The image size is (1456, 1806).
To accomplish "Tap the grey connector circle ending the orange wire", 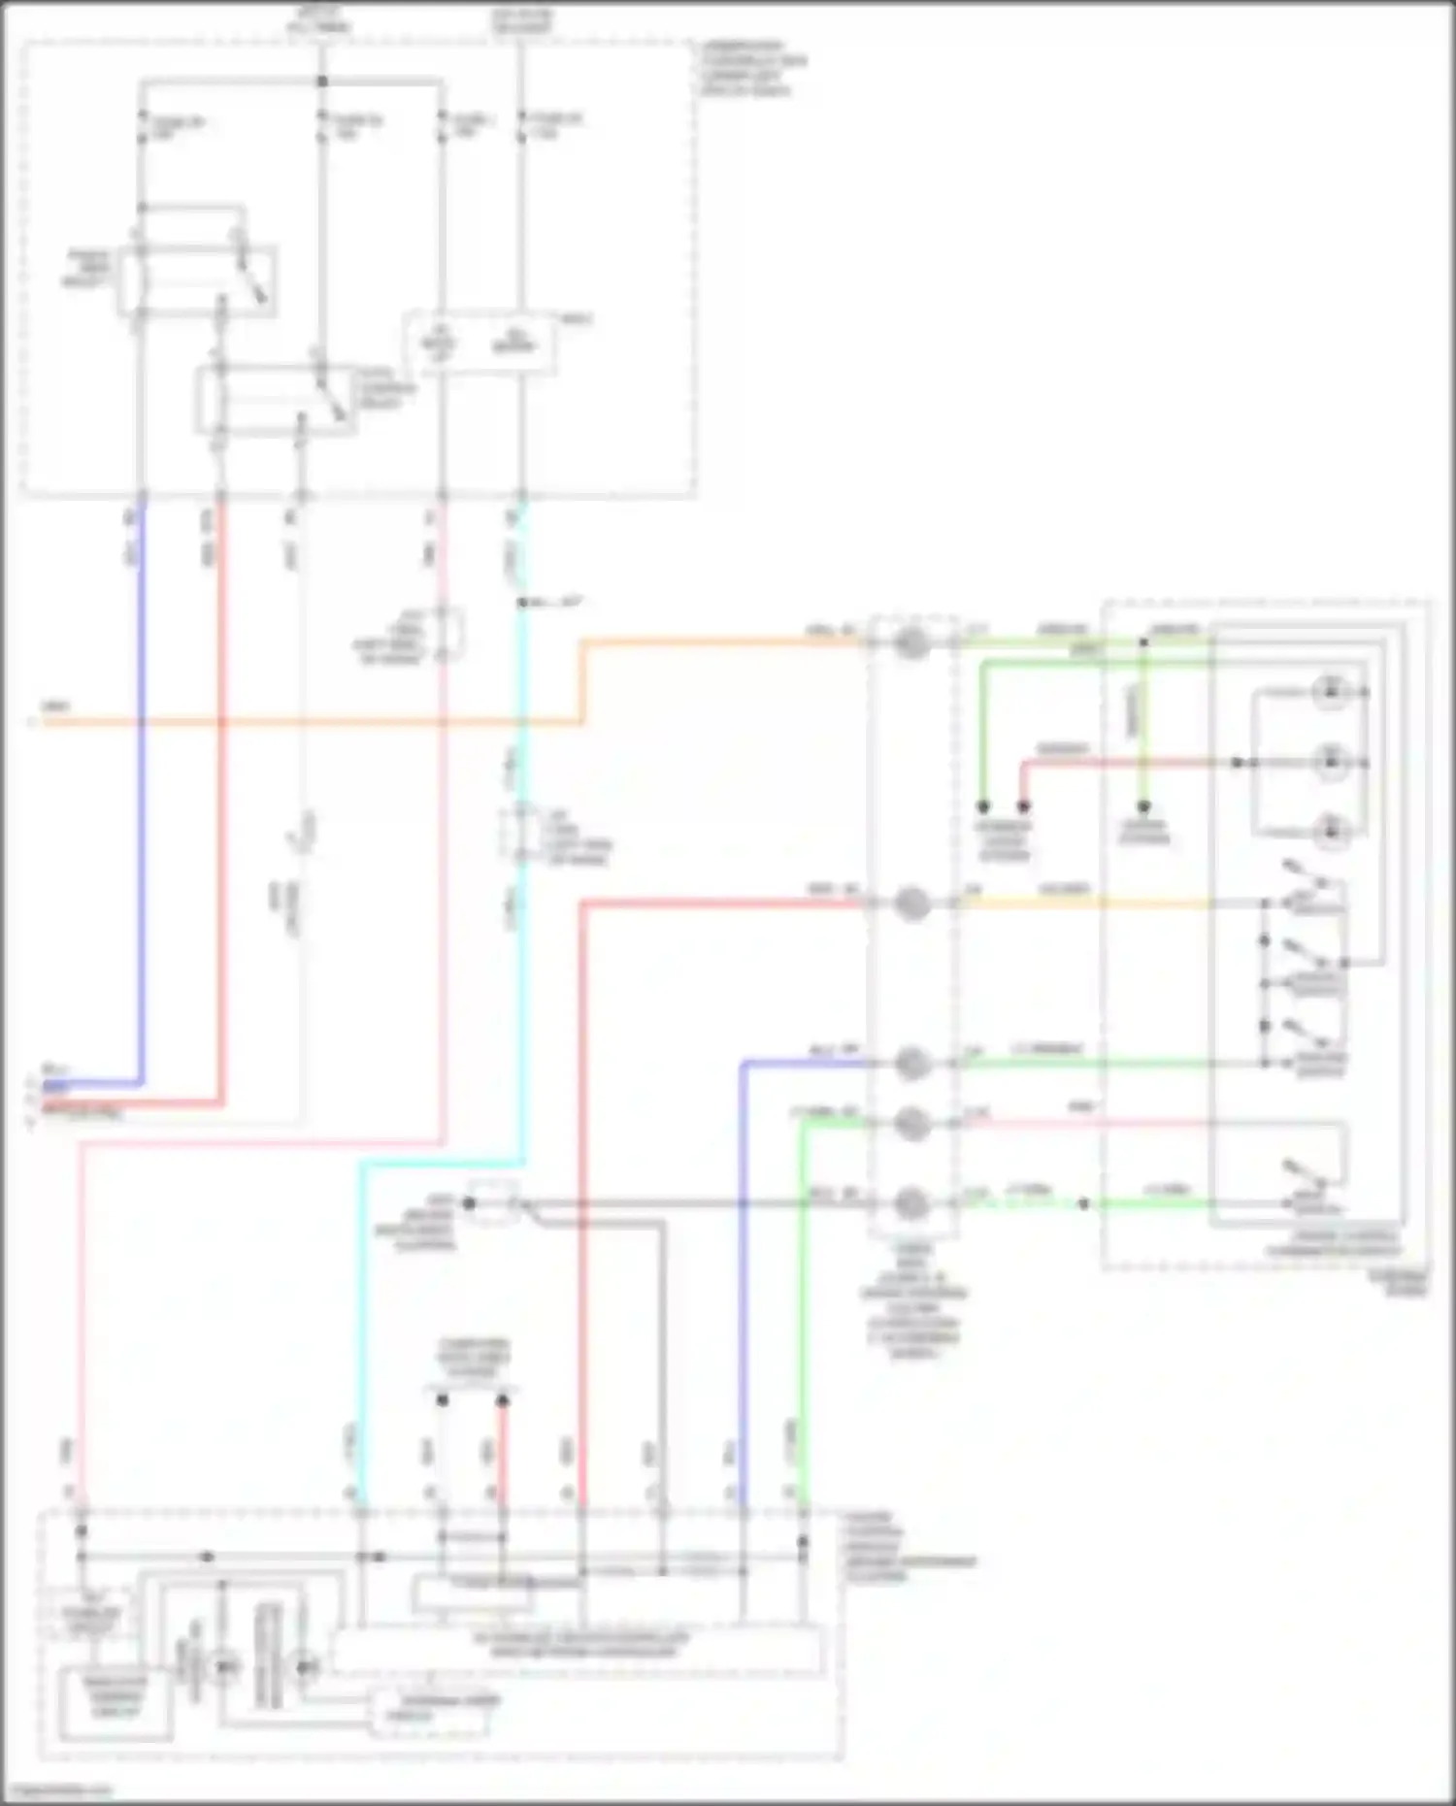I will click(x=910, y=642).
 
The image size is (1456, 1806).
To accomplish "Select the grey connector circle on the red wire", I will click(x=910, y=904).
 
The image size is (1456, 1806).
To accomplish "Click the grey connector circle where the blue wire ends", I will click(x=910, y=1064).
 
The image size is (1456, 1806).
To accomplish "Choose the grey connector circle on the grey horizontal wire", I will click(x=910, y=1203).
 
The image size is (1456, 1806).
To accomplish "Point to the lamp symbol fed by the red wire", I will click(x=1331, y=762).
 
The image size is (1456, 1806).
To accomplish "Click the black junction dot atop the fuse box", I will click(x=322, y=82).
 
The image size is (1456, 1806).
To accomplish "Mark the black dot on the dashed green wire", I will click(x=1084, y=1203).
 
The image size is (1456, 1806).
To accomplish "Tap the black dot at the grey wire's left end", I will click(x=469, y=1203).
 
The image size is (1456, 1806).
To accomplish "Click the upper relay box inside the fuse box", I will click(x=197, y=281).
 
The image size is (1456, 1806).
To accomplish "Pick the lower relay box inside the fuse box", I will click(x=276, y=400).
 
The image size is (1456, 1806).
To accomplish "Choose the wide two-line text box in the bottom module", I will click(x=579, y=1646).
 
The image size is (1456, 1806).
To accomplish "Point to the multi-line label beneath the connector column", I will click(x=912, y=1300).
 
